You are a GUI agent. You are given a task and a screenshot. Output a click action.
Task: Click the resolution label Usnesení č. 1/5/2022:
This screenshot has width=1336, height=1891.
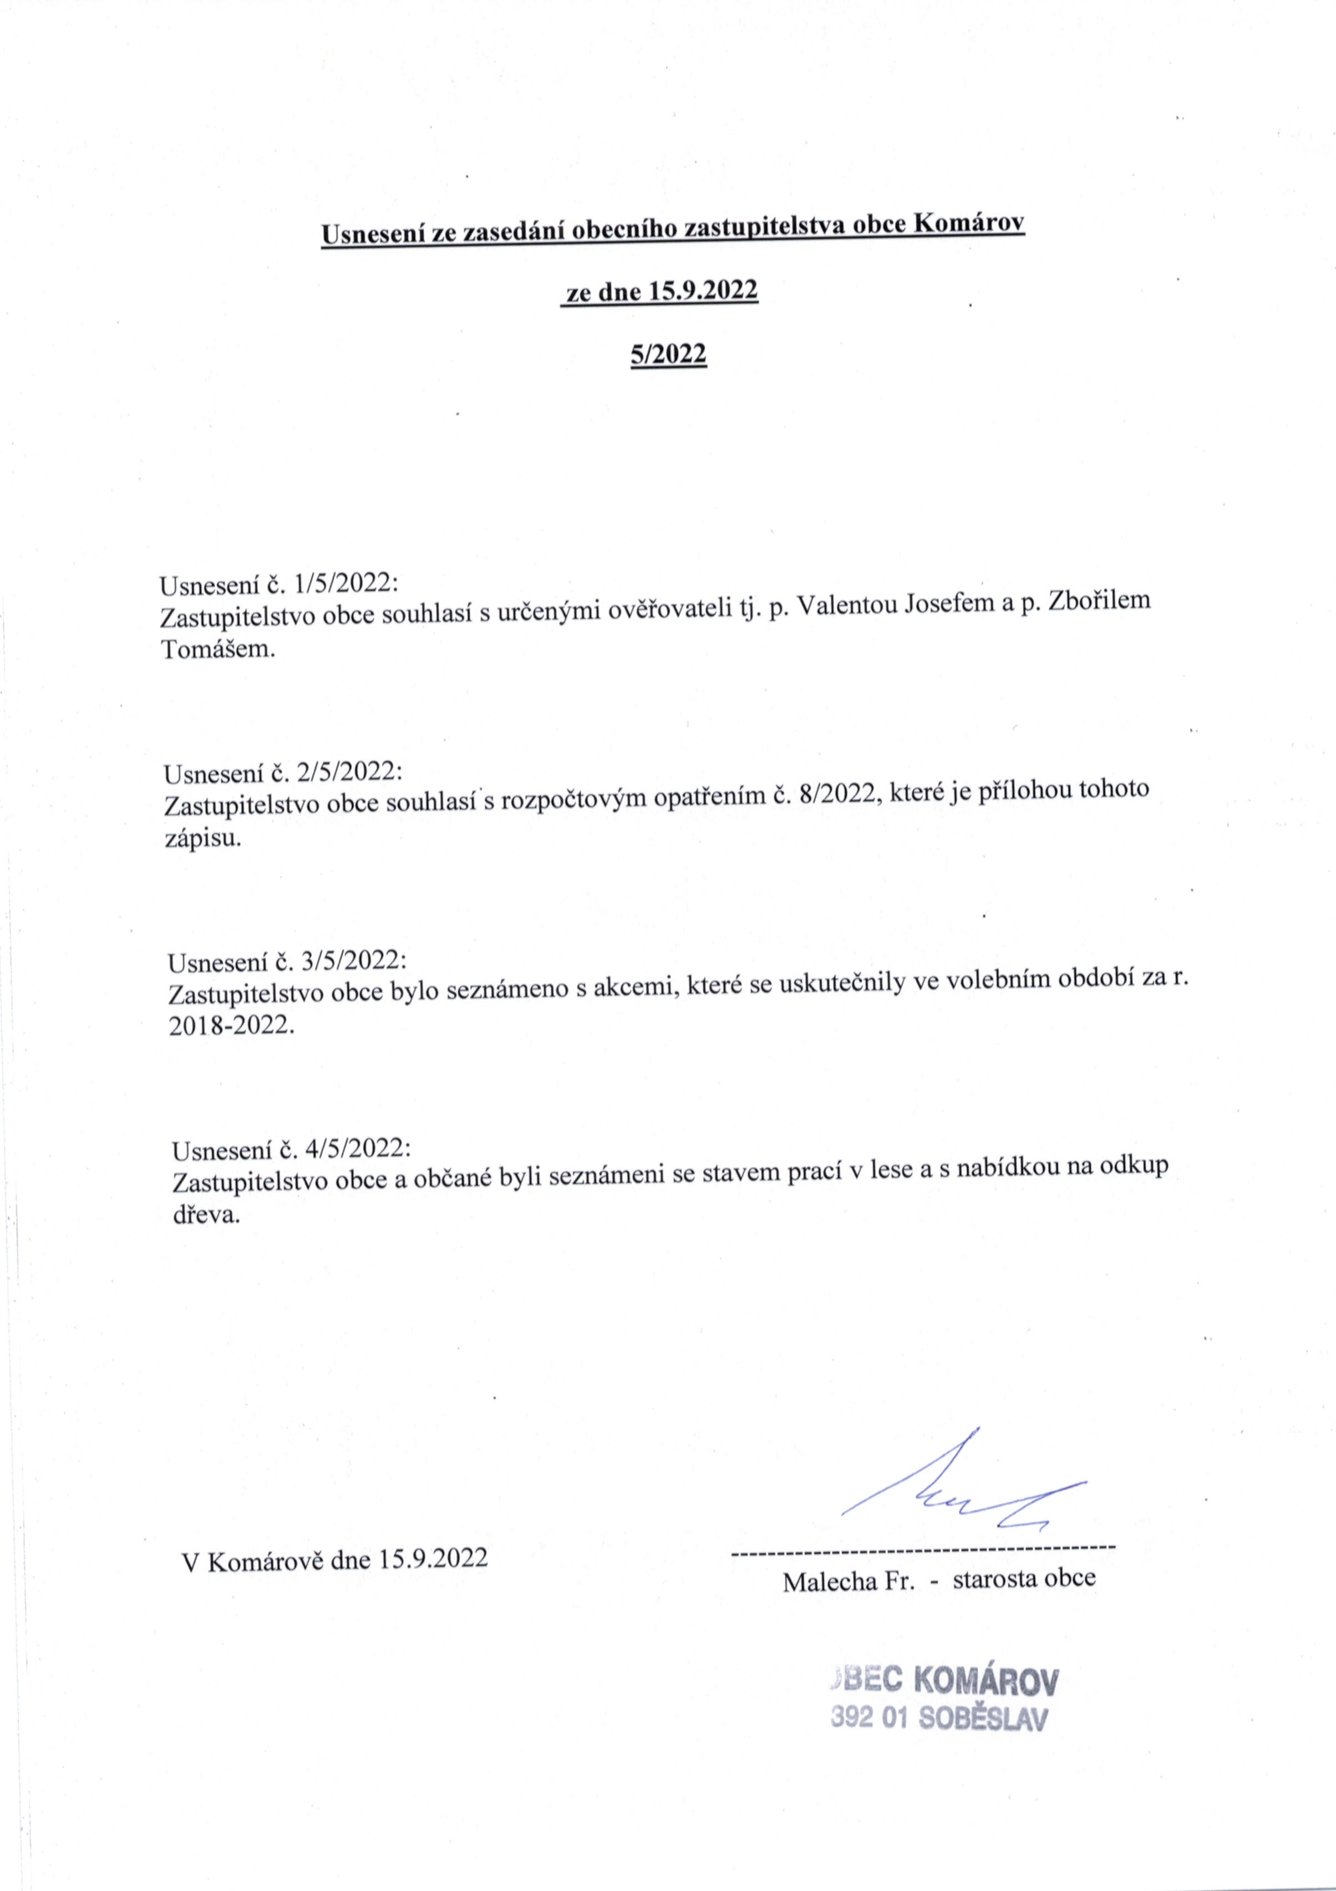tap(279, 584)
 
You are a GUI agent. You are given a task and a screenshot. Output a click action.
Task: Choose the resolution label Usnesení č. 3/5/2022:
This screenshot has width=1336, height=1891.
tap(287, 961)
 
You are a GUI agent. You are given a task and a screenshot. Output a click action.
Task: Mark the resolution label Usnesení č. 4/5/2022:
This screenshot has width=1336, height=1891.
tap(291, 1149)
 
